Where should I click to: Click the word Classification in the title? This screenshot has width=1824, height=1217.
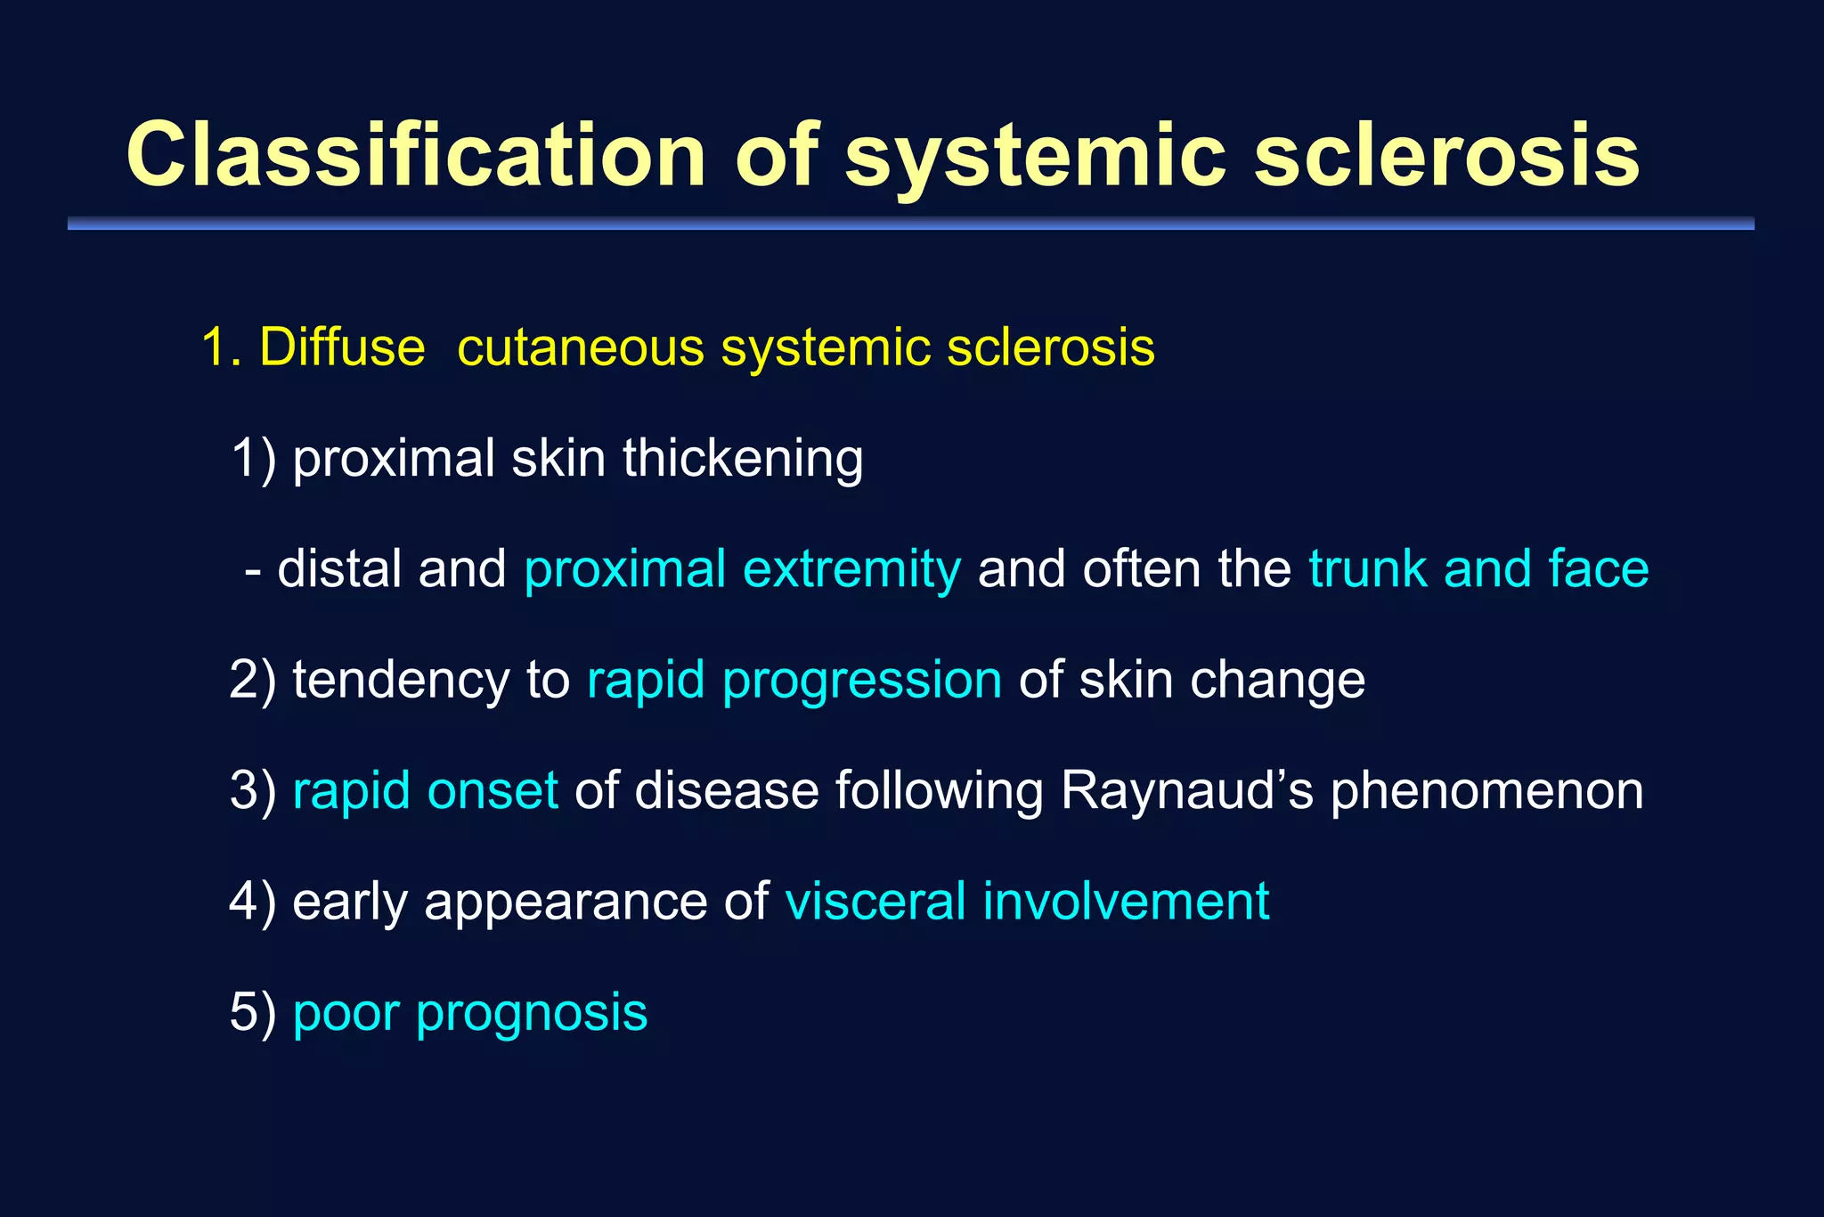[416, 155]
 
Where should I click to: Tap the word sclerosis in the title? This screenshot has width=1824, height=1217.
[1446, 155]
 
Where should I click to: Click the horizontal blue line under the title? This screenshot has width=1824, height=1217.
[910, 224]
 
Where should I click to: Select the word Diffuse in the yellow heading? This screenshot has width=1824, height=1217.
[342, 347]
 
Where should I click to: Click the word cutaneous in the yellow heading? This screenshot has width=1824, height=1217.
[581, 347]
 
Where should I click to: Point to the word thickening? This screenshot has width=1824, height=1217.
[742, 458]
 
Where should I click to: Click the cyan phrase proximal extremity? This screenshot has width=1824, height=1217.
[743, 569]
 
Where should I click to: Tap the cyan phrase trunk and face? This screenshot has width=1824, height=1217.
[1478, 569]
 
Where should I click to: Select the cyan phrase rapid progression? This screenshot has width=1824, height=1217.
[794, 681]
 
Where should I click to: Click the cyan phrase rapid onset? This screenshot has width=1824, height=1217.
[425, 791]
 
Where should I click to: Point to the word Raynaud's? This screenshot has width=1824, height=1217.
[1187, 791]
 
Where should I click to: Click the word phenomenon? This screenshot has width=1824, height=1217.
[1486, 791]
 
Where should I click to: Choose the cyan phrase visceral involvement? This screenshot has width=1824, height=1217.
[1027, 902]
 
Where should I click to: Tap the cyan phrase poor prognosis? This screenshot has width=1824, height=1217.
[469, 1013]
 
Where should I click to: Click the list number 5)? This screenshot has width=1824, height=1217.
[253, 1013]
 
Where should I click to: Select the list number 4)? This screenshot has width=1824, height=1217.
[253, 902]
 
